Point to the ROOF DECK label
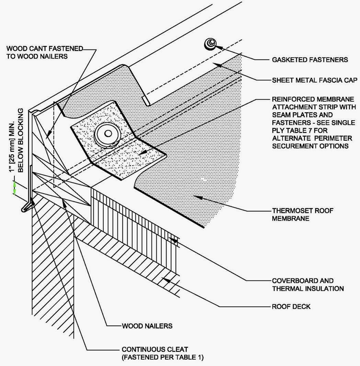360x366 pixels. [x=291, y=306]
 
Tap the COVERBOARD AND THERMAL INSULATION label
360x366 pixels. [x=308, y=285]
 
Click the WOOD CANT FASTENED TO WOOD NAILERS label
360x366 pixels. [x=45, y=52]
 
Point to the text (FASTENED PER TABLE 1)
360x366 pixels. [x=162, y=358]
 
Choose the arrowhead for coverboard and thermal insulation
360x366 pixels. [x=175, y=240]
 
